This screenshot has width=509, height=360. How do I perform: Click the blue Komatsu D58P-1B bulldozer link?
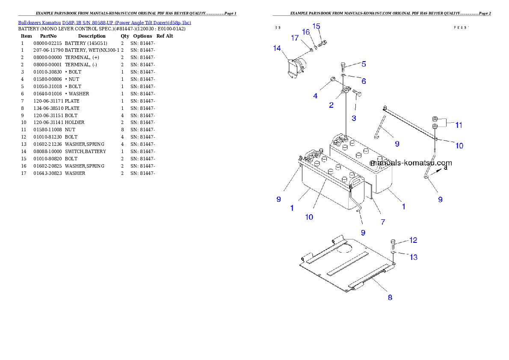(x=104, y=23)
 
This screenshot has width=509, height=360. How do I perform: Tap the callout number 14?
(x=277, y=48)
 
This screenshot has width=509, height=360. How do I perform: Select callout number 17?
(x=295, y=38)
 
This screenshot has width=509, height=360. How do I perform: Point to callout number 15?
(x=316, y=26)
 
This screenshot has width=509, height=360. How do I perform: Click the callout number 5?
(x=364, y=64)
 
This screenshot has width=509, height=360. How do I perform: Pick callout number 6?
(x=364, y=81)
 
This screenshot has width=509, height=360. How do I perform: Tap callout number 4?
(x=315, y=96)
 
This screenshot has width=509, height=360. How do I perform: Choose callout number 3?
(x=354, y=118)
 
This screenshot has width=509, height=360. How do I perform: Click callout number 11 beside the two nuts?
(x=459, y=125)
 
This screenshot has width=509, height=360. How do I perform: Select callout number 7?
(x=383, y=222)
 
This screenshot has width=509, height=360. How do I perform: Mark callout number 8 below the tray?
(x=390, y=298)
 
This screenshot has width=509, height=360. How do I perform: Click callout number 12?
(x=413, y=240)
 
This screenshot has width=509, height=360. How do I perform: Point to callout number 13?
(x=414, y=257)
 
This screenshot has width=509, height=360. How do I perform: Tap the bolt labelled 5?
(x=343, y=67)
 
